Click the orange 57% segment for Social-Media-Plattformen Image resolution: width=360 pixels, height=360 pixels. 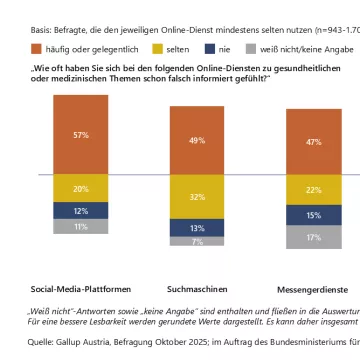[81, 134]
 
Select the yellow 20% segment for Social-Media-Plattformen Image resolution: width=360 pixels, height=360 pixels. [81, 188]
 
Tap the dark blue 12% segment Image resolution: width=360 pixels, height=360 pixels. [81, 210]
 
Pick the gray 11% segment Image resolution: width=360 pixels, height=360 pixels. [81, 227]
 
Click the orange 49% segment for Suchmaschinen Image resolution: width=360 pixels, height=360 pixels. [197, 140]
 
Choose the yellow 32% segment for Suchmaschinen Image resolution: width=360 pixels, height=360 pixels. [197, 197]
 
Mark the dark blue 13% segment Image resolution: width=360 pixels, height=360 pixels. [197, 227]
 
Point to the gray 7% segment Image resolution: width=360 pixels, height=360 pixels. [197, 241]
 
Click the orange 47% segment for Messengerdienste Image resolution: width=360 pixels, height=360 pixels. [314, 142]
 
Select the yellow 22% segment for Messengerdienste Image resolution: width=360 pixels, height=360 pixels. [314, 190]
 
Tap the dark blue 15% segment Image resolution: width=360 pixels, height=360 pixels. [314, 215]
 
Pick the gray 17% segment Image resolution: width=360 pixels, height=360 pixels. [314, 237]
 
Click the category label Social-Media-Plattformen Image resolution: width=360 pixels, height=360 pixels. [81, 259]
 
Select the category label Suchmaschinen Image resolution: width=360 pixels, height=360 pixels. [197, 259]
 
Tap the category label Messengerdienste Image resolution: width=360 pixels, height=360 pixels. [314, 259]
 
